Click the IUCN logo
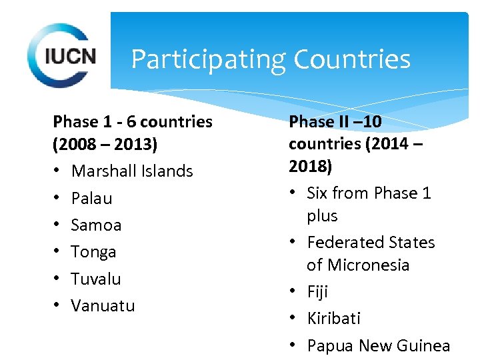point(62,55)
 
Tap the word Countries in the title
point(351,60)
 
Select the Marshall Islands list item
point(132,171)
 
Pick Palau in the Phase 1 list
point(91,198)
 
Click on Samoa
point(97,225)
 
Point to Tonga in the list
point(94,251)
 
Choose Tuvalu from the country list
point(96,279)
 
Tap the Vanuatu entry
point(103,305)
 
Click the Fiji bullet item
point(317,292)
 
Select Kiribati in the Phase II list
point(333,319)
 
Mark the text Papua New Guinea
point(378,345)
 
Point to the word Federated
point(343,242)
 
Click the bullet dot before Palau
point(57,198)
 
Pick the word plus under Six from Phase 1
point(322,216)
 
